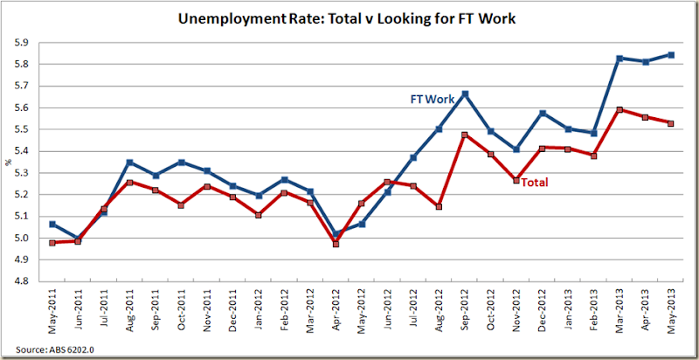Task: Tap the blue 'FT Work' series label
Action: tap(433, 100)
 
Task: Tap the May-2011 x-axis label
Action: tap(53, 311)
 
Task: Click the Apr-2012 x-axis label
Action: tap(337, 311)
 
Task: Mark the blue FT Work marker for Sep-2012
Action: tap(466, 93)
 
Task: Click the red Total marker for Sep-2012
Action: tap(466, 135)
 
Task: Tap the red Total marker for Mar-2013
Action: tap(619, 110)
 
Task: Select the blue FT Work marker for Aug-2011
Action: tap(129, 163)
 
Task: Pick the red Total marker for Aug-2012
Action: tap(439, 207)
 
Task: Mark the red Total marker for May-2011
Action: tap(52, 242)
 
